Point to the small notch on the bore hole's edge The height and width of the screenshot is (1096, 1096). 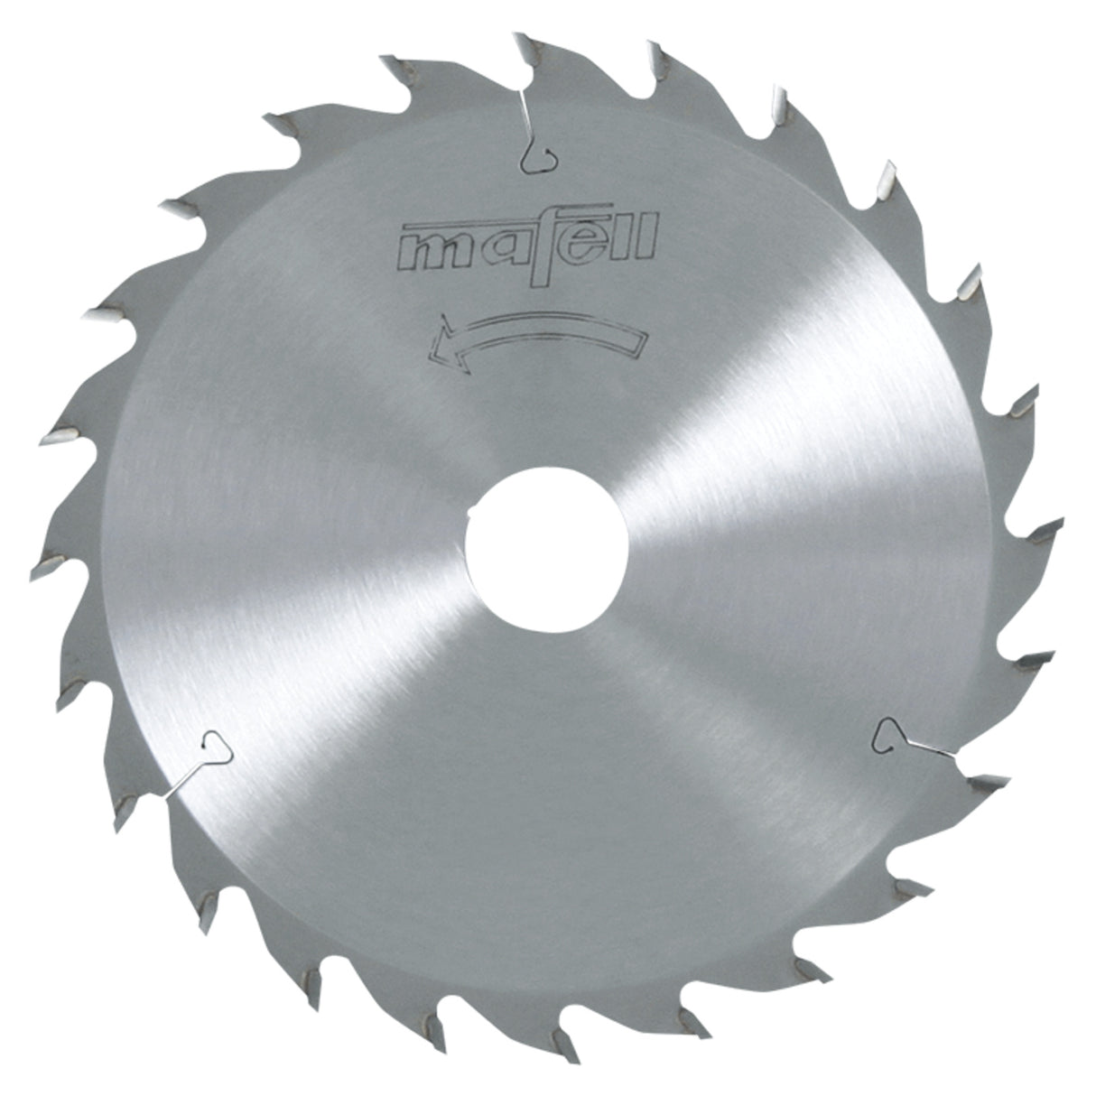tap(469, 516)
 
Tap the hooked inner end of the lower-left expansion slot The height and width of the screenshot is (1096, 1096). tap(216, 746)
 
